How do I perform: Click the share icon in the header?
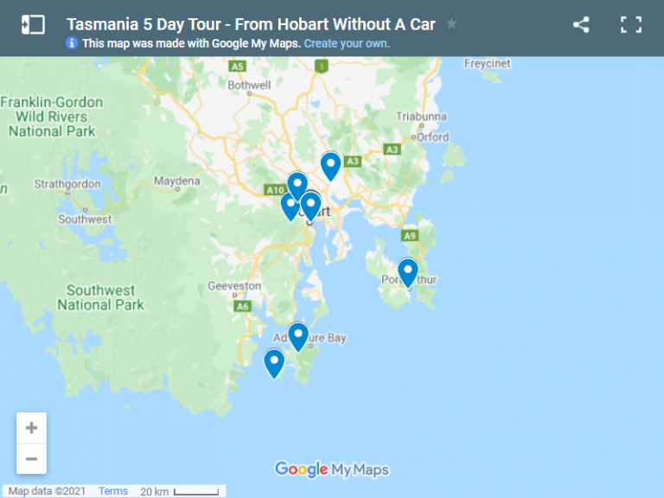581,24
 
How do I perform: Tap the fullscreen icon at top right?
631,24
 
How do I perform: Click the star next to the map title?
451,24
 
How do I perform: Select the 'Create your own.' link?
347,42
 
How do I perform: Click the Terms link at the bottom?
113,491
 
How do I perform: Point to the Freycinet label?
488,64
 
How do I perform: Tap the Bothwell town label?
249,85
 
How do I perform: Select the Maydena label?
176,182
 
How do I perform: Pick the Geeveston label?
234,286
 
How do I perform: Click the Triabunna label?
419,117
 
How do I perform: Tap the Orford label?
431,137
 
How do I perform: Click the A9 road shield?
409,235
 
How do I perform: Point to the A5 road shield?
237,66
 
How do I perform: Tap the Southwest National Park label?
100,297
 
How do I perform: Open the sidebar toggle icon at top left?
33,24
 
